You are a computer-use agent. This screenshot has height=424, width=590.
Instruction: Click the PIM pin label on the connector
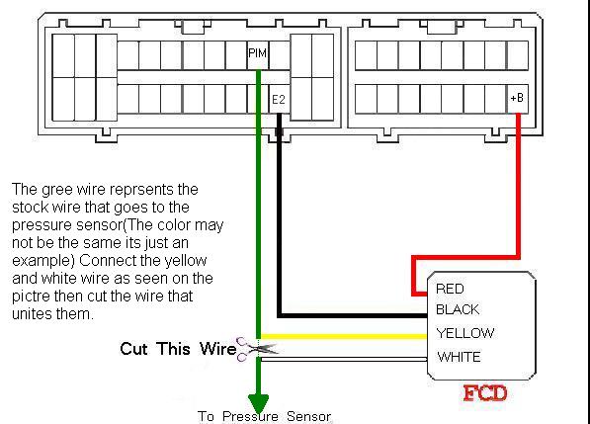pos(257,53)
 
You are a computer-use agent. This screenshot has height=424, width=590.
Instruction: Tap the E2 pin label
pos(279,99)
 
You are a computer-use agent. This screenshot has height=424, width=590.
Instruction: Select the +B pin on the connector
pos(517,98)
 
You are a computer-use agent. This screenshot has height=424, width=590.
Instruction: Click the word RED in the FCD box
pos(450,289)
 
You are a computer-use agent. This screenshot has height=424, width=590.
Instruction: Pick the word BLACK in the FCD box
pos(458,309)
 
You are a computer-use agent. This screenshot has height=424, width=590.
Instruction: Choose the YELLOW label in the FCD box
pos(465,333)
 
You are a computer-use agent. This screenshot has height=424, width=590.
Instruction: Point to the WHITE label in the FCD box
pos(459,357)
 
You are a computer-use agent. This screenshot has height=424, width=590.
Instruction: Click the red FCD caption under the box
pos(485,393)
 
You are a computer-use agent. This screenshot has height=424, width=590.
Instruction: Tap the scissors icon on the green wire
pos(256,349)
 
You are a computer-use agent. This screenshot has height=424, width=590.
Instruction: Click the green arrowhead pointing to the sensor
pos(259,403)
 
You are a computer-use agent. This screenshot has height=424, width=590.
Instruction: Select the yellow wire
pos(344,336)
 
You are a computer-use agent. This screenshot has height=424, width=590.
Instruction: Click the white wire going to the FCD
pos(344,360)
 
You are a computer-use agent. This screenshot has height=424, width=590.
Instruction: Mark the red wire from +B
pos(519,257)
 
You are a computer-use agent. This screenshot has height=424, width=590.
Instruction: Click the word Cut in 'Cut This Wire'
pos(133,348)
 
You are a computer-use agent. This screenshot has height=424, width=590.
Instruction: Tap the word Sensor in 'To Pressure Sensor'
pos(308,416)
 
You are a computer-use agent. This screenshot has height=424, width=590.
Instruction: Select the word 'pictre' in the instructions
pos(31,297)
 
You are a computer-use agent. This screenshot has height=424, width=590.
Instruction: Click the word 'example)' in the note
pos(43,262)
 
